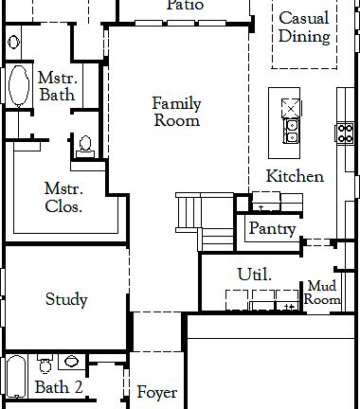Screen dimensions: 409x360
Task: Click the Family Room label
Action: point(176,112)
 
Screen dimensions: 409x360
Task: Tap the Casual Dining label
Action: point(304,27)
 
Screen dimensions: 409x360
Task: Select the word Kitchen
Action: point(295,176)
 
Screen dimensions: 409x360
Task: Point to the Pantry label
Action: point(272,229)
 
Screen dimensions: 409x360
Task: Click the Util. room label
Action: point(254,275)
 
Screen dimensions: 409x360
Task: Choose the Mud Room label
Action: point(322,293)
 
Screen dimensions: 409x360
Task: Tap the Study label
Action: point(66,300)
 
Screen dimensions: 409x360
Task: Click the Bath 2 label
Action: point(59,387)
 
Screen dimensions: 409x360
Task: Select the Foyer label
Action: point(157,392)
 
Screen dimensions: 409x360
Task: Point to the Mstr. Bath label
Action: point(57,86)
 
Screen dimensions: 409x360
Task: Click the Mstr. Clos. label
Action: point(63,196)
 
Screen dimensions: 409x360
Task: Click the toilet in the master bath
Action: point(85,145)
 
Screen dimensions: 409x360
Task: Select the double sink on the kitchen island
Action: point(289,131)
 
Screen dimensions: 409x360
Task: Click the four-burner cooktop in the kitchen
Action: point(343,133)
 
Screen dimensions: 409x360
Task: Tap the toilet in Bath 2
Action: point(44,365)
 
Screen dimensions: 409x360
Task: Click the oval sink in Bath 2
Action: point(72,362)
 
